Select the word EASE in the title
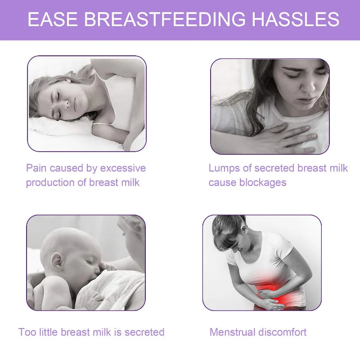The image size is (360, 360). coord(53,20)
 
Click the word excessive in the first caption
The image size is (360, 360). coord(123,168)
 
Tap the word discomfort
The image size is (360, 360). coord(282,332)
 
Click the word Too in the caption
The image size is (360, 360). coord(27,332)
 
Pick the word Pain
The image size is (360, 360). coord(36,168)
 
